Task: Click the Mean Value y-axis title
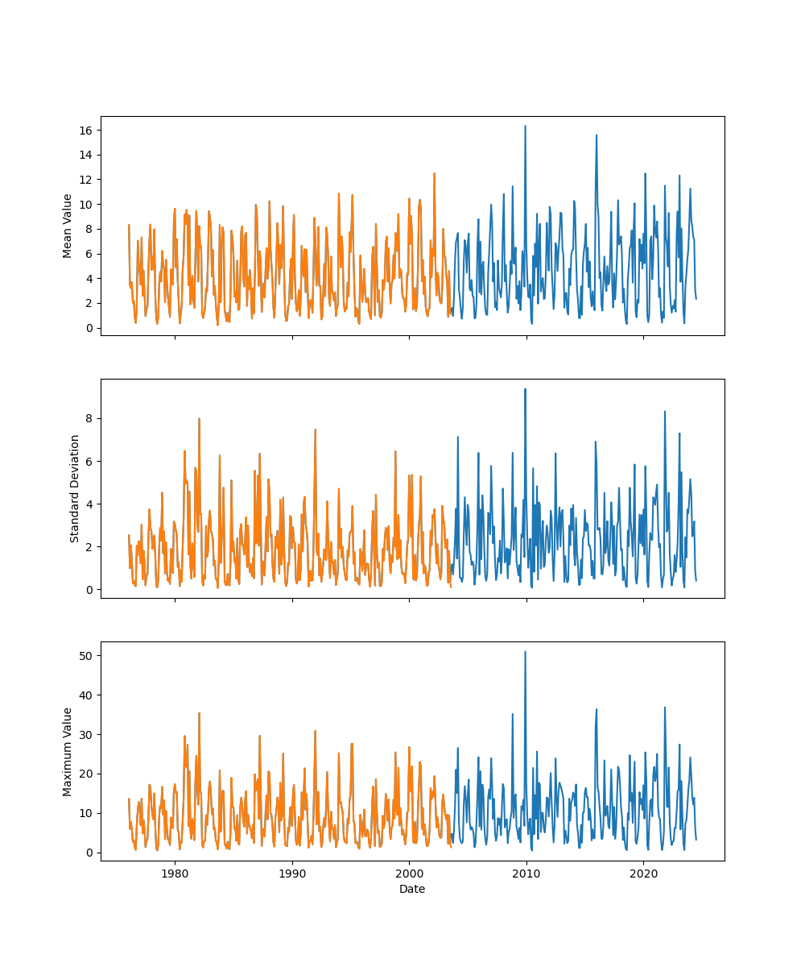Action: click(x=68, y=226)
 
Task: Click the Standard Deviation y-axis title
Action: click(x=74, y=488)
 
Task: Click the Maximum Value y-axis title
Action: click(x=68, y=751)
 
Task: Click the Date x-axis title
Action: click(x=412, y=889)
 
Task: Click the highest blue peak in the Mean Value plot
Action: click(x=525, y=127)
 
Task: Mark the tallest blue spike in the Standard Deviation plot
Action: click(x=525, y=389)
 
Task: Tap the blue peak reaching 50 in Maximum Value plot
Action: click(x=525, y=652)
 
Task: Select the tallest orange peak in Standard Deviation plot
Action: click(x=199, y=419)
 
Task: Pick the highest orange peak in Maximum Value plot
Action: click(x=199, y=713)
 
